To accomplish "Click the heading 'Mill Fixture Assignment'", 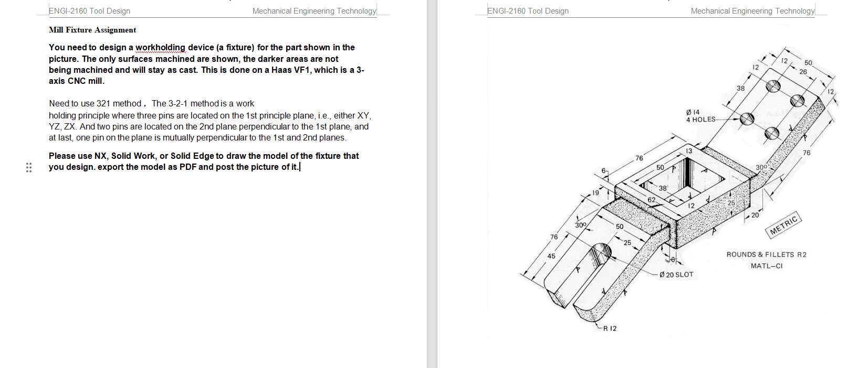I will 92,30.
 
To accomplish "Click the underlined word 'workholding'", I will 160,48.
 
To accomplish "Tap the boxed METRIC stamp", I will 783,225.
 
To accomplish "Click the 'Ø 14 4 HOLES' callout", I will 700,116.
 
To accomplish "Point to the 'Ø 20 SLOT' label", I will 676,274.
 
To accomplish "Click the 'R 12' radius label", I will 610,328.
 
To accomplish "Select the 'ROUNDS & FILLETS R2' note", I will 766,254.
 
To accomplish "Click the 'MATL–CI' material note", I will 766,266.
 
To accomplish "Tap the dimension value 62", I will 651,200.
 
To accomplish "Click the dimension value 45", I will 551,256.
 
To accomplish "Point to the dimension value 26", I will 803,72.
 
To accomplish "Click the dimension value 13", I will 689,151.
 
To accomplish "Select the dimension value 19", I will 595,193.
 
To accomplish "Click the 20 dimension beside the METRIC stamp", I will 755,215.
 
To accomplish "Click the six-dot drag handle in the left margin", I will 29,167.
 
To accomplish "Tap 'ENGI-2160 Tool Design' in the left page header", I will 89,10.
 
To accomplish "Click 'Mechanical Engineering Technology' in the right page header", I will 752,10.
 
